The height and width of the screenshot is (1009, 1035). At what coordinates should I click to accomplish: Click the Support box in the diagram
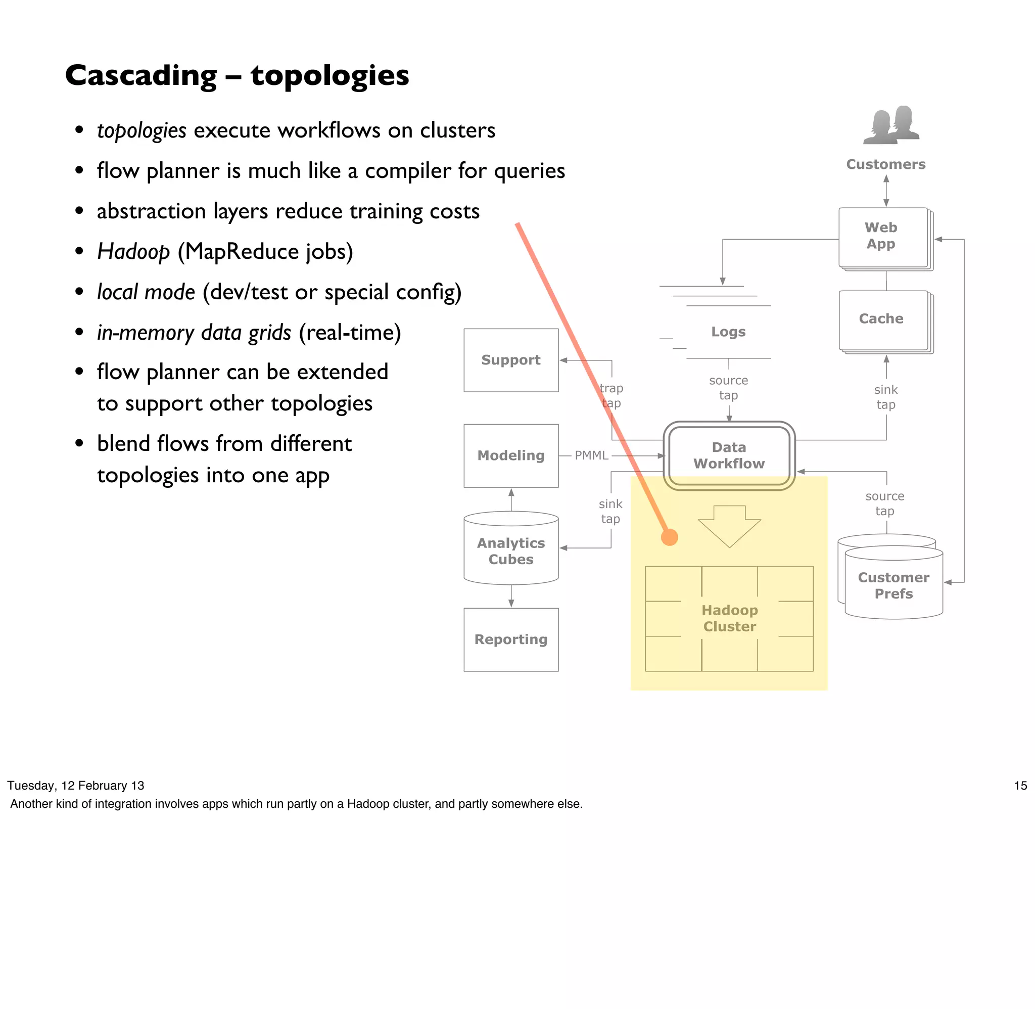[x=510, y=360]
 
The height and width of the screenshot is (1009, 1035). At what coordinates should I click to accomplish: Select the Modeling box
[x=510, y=455]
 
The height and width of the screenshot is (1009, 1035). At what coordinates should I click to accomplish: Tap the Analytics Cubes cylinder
[x=510, y=551]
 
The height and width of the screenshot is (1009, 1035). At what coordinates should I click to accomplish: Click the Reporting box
[x=510, y=639]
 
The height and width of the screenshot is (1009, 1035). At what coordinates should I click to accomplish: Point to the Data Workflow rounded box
[x=729, y=455]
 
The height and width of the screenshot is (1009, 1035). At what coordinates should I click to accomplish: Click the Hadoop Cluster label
[x=729, y=618]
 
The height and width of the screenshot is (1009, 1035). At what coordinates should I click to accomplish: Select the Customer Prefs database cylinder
[x=893, y=585]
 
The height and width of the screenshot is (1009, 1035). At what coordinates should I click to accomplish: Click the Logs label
[x=728, y=332]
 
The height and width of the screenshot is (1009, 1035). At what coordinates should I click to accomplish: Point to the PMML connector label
[x=591, y=455]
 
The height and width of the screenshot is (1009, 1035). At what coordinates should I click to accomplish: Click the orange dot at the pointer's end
[x=670, y=537]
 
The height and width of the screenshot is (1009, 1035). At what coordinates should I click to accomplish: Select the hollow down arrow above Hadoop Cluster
[x=729, y=525]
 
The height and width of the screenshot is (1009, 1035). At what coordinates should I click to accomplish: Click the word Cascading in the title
[x=141, y=75]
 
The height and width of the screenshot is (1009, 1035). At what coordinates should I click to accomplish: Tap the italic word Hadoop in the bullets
[x=133, y=251]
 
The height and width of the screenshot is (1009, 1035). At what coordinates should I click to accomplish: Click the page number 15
[x=1020, y=786]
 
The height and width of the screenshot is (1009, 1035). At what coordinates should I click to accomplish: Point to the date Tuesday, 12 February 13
[x=75, y=786]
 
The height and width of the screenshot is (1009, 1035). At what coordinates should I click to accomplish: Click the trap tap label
[x=611, y=395]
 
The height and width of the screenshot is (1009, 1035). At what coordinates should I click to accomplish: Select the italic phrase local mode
[x=146, y=292]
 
